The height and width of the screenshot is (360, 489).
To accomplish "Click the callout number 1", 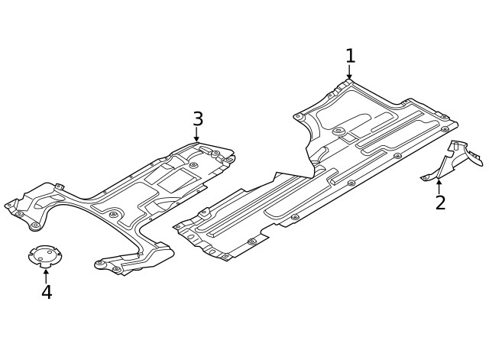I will (350, 56).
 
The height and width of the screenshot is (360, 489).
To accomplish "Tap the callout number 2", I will (440, 203).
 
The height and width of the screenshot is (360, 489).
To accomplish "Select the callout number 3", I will (198, 119).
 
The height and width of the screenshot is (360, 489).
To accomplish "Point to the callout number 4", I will (47, 292).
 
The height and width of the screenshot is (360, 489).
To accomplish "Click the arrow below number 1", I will (349, 73).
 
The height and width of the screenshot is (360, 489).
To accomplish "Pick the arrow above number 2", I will (439, 184).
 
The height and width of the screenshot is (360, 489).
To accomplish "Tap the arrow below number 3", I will (196, 135).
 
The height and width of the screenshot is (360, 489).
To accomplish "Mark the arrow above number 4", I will (46, 273).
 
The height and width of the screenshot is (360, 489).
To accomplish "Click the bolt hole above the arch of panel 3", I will (113, 215).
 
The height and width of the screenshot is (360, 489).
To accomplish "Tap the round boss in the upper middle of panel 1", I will (338, 131).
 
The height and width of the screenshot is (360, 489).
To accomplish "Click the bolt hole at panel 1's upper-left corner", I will (299, 117).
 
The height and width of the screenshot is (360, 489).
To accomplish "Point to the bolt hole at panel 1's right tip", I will (445, 129).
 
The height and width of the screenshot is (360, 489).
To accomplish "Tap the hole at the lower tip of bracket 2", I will (425, 178).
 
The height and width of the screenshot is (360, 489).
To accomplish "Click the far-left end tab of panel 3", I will (11, 205).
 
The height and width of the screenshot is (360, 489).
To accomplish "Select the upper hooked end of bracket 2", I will (474, 159).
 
